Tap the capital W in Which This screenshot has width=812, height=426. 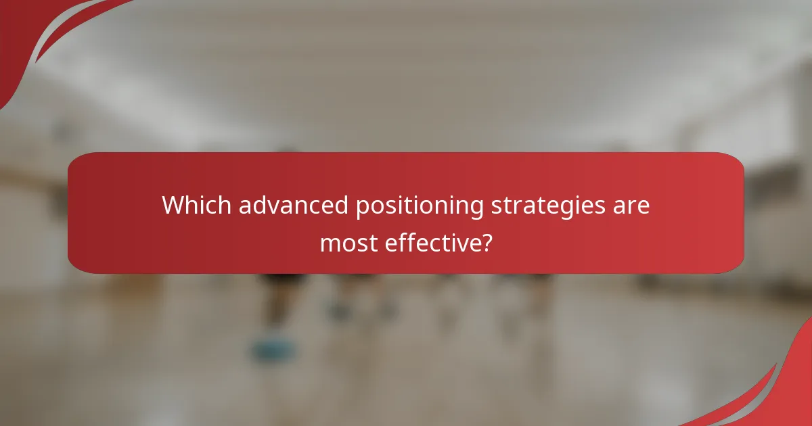tap(172, 206)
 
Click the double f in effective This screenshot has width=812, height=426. tap(403, 241)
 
